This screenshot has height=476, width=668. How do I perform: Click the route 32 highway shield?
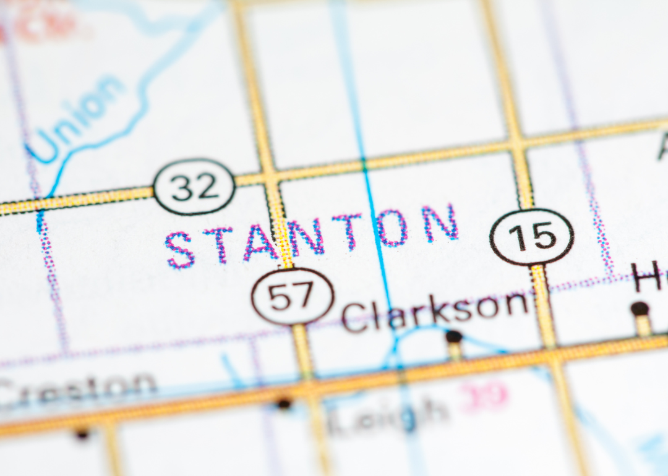pos(194,186)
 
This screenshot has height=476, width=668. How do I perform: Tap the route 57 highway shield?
pos(293,297)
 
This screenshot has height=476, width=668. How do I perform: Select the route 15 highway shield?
pos(532,237)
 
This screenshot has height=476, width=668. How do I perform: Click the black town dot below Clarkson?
pos(454,336)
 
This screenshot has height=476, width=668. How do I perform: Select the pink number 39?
pos(486,395)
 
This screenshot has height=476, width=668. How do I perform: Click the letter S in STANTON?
pos(180,250)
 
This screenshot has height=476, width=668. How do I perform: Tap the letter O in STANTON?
pos(392,227)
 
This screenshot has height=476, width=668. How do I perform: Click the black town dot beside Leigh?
pos(284,404)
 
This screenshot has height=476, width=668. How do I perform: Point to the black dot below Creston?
pos(82,434)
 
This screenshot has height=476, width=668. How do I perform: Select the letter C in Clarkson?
pos(354,319)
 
